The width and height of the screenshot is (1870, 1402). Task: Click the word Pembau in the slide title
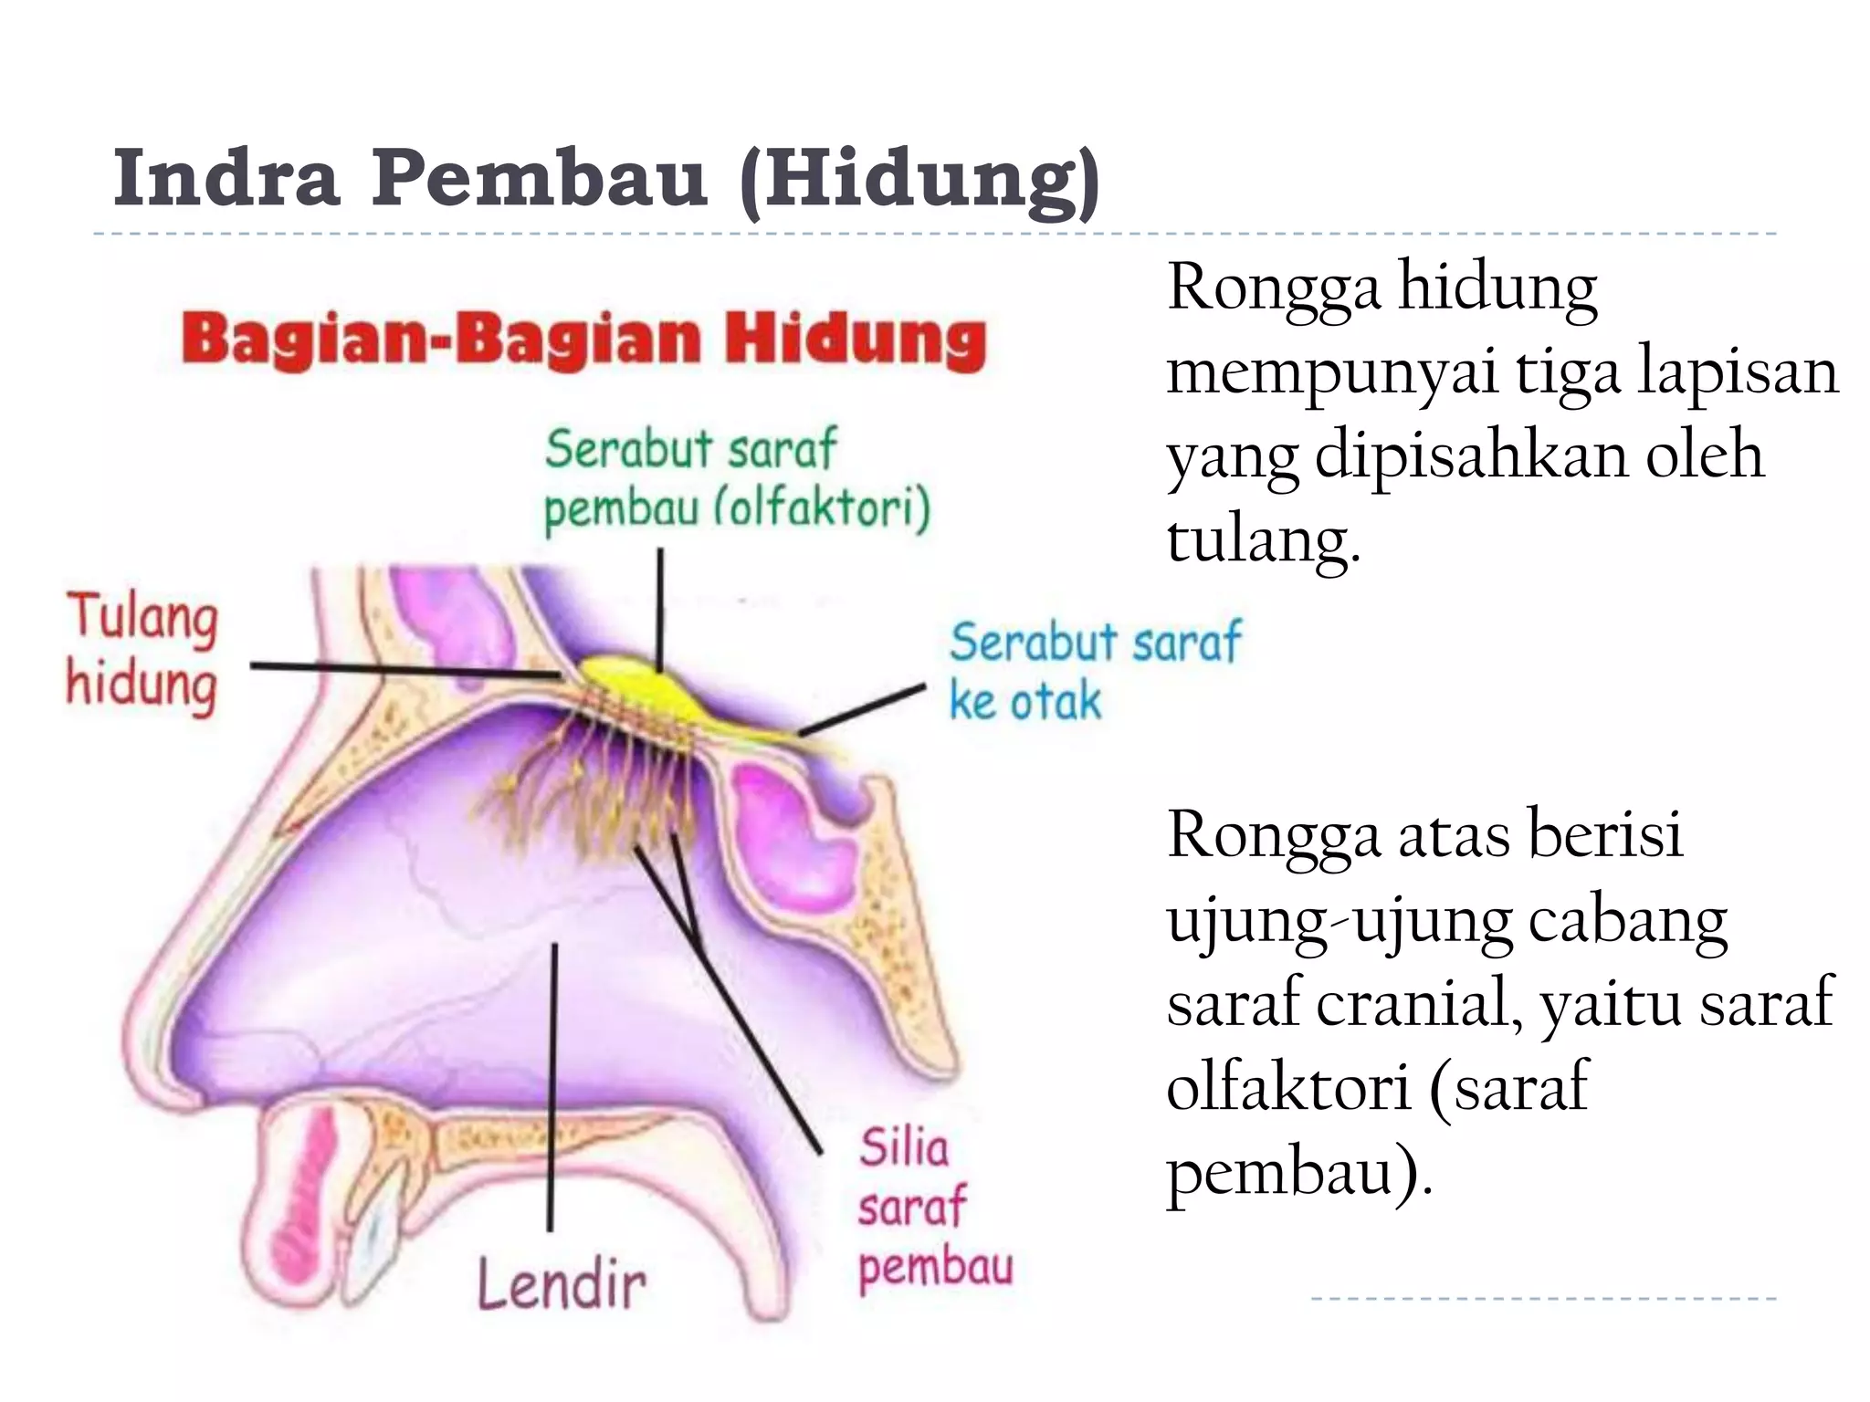click(x=539, y=179)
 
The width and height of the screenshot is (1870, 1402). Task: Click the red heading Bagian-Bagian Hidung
click(x=584, y=340)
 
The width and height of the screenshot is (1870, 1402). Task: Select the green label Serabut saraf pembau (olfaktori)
click(x=736, y=479)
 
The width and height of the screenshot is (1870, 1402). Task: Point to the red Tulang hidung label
click(x=142, y=650)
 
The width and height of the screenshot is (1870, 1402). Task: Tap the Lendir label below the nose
click(x=561, y=1285)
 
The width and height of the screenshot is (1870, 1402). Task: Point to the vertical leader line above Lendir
click(x=552, y=1086)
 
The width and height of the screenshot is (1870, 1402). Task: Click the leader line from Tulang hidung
click(x=402, y=670)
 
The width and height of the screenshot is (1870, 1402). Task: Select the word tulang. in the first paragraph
click(x=1264, y=539)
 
